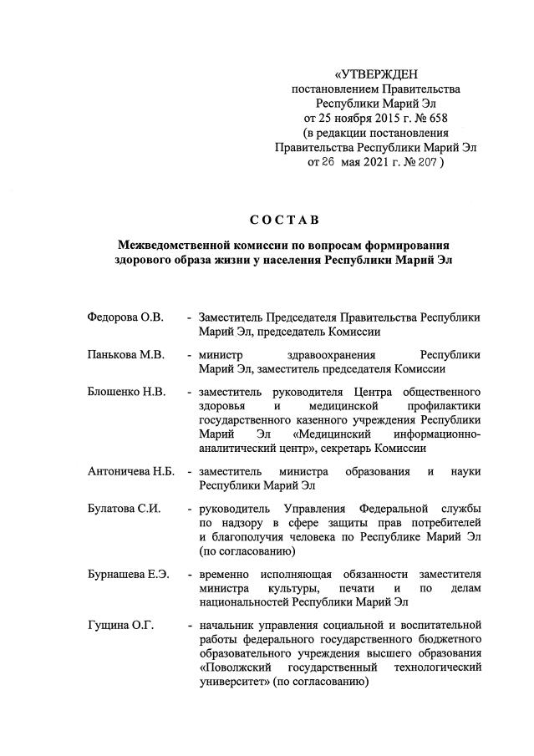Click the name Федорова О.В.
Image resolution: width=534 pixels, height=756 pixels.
pos(125,318)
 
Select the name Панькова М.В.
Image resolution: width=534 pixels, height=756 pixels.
pos(125,355)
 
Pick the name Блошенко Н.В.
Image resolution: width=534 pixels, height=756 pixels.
pos(126,392)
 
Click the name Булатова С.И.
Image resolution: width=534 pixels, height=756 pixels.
pos(124,509)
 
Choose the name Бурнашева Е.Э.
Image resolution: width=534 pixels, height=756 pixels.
pos(129,574)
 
